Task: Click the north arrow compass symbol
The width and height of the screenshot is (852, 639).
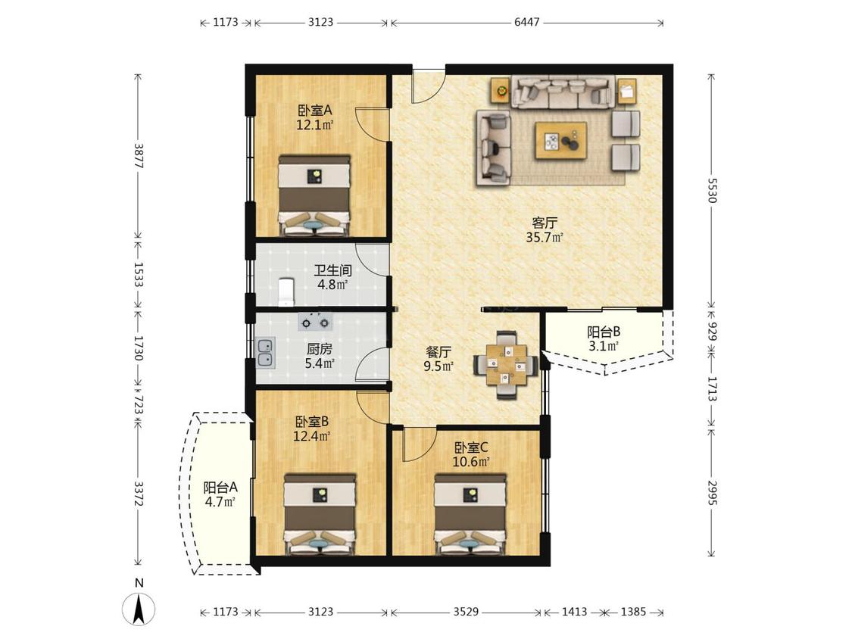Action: pos(139,607)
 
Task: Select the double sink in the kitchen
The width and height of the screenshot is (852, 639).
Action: pos(265,352)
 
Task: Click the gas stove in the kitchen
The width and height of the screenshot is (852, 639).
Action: pos(316,323)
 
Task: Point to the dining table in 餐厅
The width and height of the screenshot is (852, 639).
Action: pos(507,365)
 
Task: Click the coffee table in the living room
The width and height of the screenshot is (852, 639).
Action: pos(560,141)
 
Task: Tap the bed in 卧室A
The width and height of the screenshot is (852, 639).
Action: pos(314,195)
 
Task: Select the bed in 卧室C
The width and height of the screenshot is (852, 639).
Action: pos(470,514)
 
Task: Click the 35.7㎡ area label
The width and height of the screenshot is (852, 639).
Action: pos(545,237)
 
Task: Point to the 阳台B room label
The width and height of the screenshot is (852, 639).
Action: pos(603,332)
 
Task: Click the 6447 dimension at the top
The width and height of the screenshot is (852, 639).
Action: pos(526,22)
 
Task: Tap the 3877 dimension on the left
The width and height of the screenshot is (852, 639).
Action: pos(138,156)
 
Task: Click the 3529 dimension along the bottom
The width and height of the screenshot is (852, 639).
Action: pos(466,612)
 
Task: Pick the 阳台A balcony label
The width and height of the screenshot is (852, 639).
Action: pos(220,488)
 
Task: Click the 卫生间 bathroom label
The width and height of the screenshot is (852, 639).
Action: pos(332,270)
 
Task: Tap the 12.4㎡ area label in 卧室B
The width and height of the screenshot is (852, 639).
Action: pos(312,436)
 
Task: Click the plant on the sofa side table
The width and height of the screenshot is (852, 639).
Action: pos(501,90)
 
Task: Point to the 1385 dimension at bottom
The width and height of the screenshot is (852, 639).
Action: pos(633,612)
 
